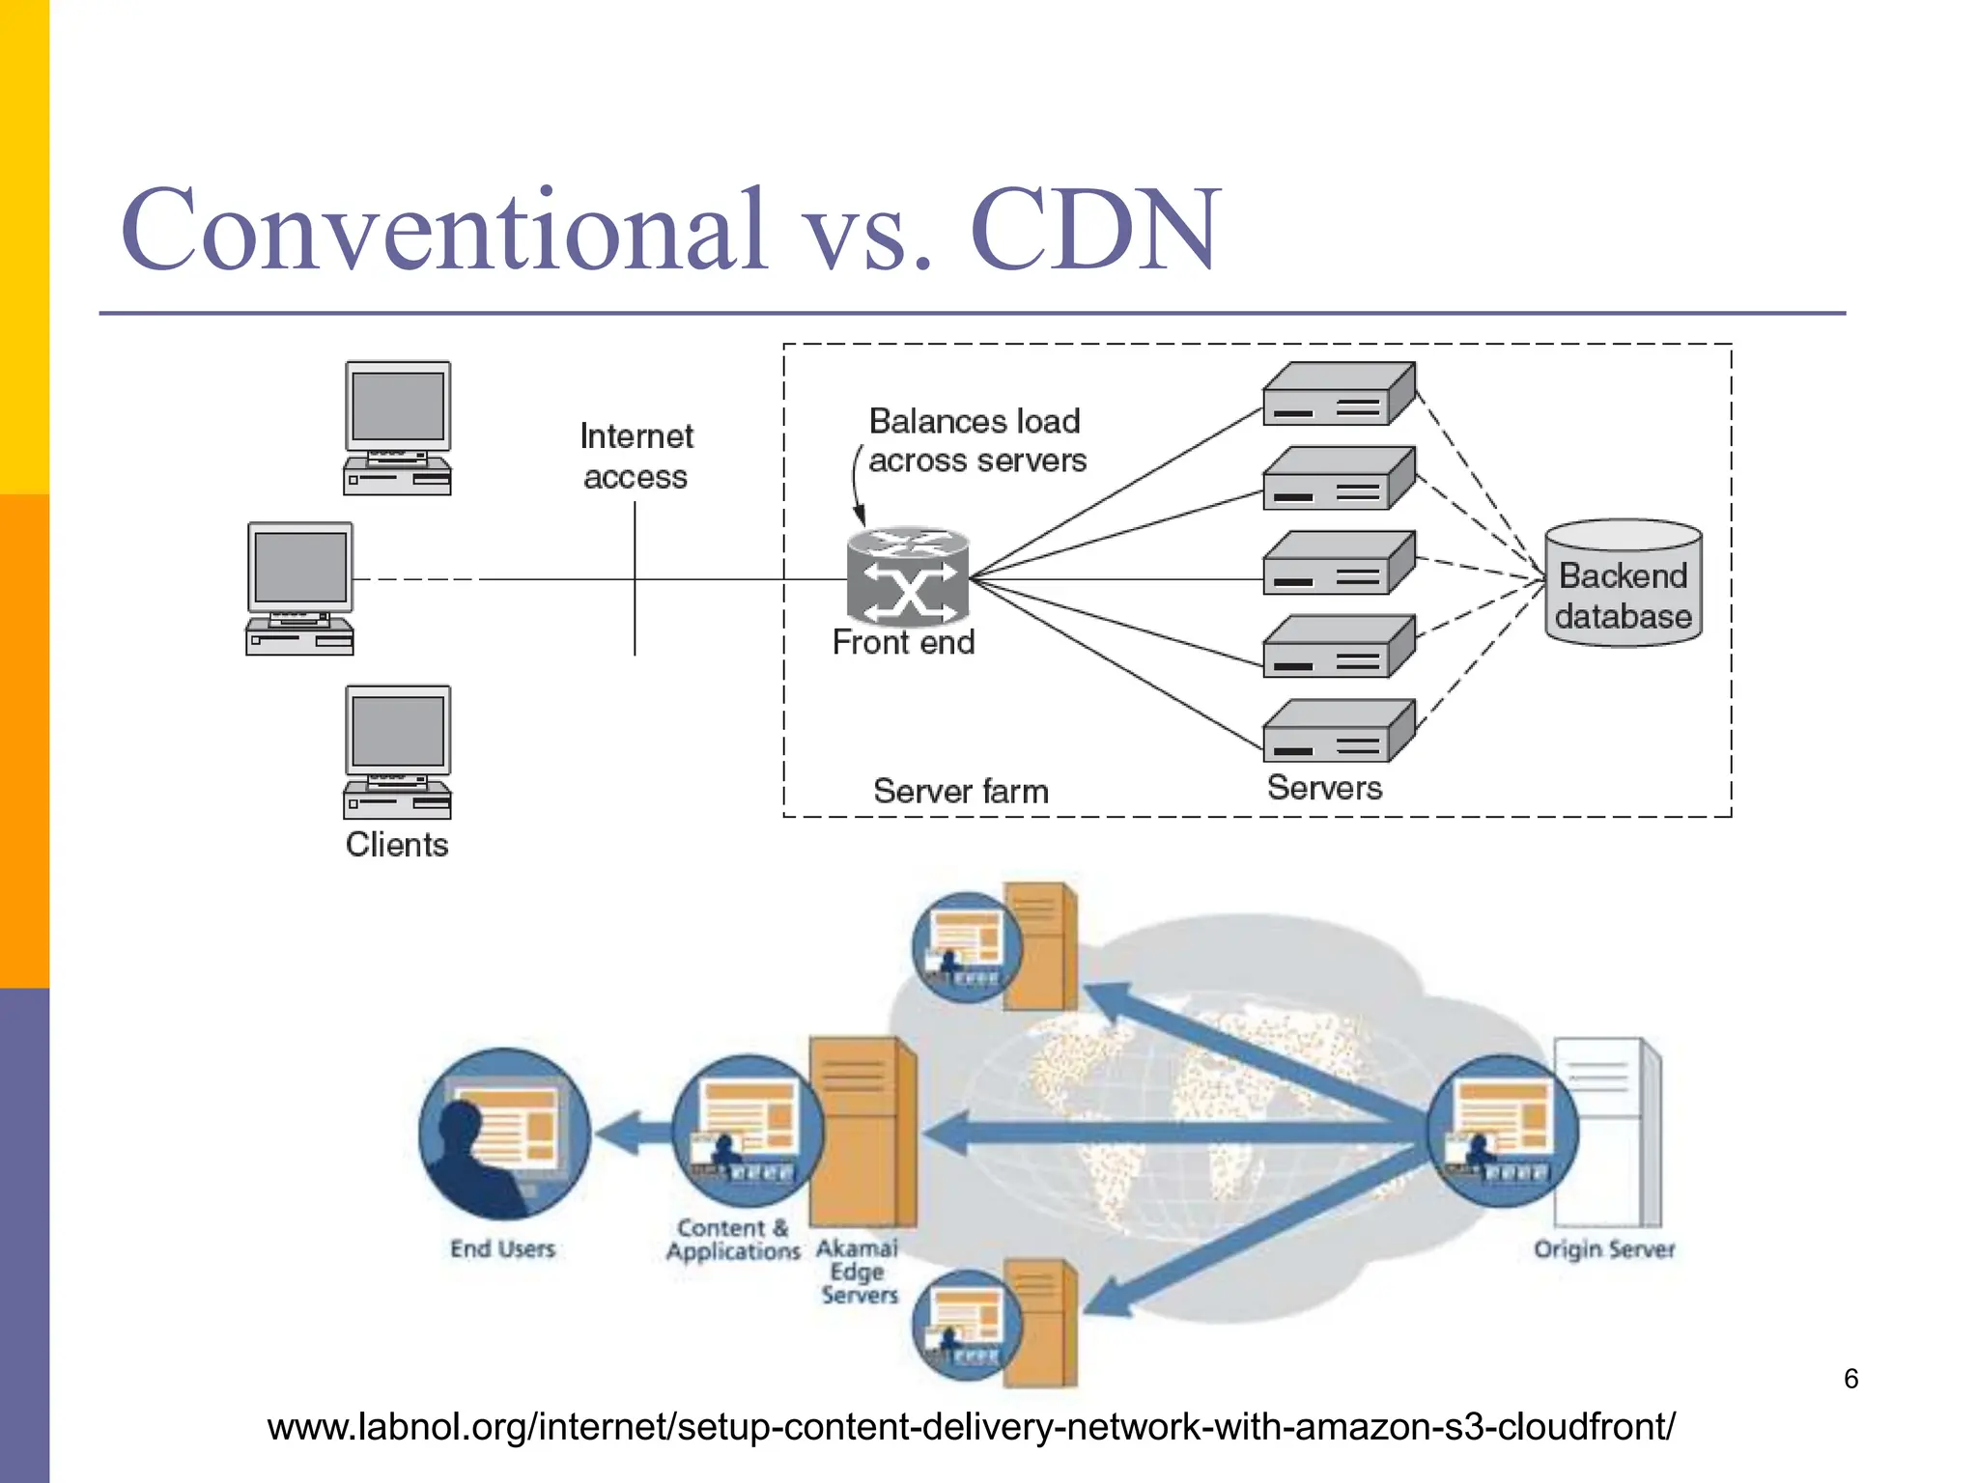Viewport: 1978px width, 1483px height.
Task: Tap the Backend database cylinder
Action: (1623, 583)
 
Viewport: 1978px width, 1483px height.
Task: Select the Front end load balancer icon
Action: (908, 576)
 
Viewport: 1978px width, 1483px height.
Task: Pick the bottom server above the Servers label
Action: (1339, 731)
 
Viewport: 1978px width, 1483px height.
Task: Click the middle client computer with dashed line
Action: (299, 588)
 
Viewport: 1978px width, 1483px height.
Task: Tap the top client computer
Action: (397, 428)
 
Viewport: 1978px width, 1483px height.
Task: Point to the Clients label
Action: (397, 845)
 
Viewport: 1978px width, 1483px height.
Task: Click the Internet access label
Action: (636, 457)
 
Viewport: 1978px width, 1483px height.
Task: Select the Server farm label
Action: (960, 792)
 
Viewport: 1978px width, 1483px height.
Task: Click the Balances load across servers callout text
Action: (975, 441)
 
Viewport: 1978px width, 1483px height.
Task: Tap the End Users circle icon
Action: (503, 1133)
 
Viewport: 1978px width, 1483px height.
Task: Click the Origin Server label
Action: (1603, 1249)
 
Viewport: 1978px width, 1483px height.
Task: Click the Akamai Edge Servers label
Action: (858, 1272)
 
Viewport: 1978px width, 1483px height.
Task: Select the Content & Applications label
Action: (733, 1240)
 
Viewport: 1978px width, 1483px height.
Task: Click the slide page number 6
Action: (1851, 1379)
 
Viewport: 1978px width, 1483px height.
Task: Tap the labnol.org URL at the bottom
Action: (971, 1427)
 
